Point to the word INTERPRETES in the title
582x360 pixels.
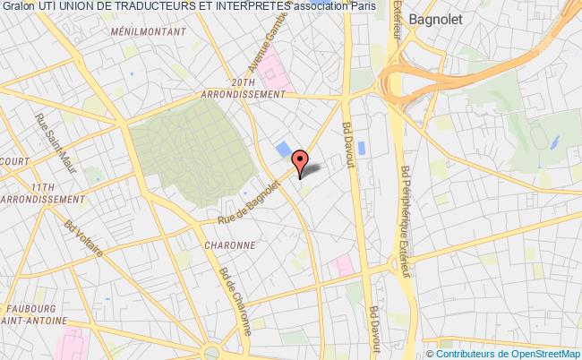252,7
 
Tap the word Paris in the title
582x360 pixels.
363,7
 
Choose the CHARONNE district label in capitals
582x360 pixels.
231,244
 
